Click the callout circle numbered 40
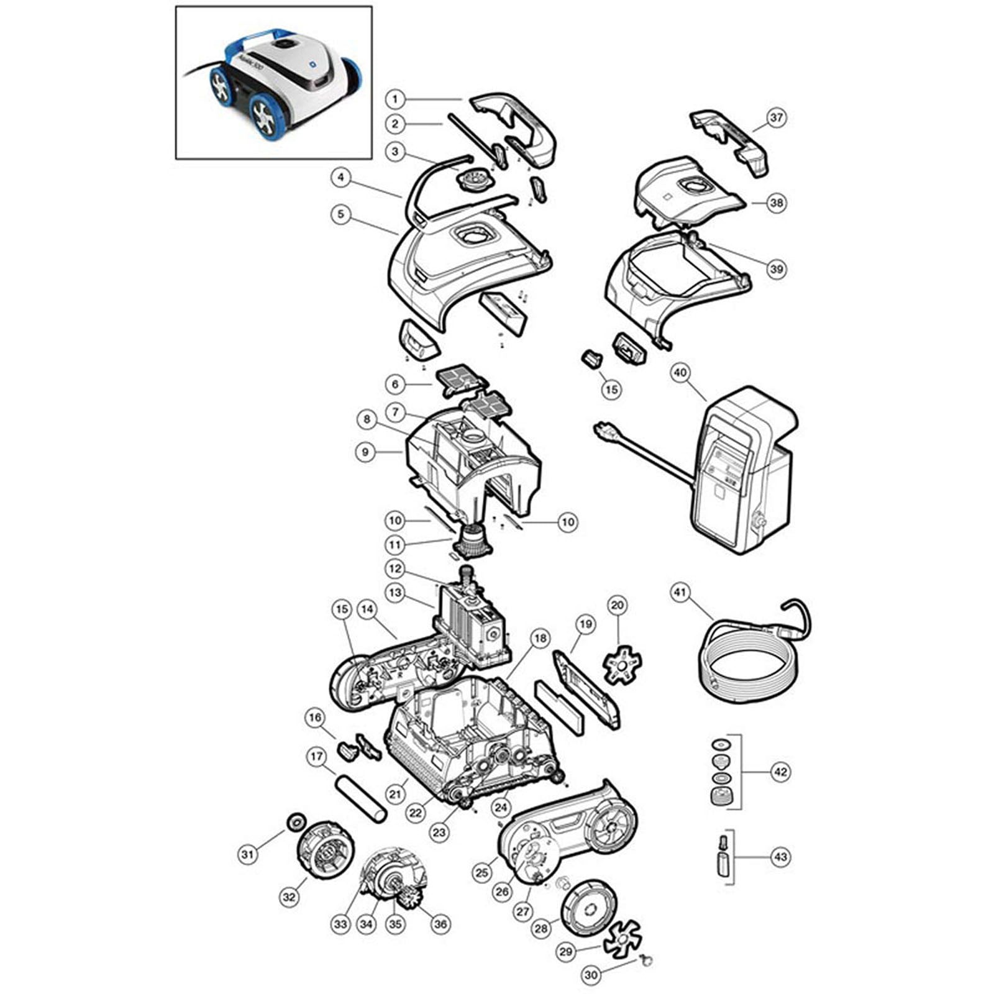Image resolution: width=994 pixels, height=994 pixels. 681,373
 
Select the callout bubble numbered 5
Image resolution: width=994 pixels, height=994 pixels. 340,215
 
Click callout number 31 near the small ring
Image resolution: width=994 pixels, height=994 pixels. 248,855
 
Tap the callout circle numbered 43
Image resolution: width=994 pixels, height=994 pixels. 780,857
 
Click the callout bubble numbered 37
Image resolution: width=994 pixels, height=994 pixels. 777,117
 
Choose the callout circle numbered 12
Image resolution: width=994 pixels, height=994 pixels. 394,569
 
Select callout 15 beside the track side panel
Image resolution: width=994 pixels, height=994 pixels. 342,609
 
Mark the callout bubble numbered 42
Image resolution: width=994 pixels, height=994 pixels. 780,772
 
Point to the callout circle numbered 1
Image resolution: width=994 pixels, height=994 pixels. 394,99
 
